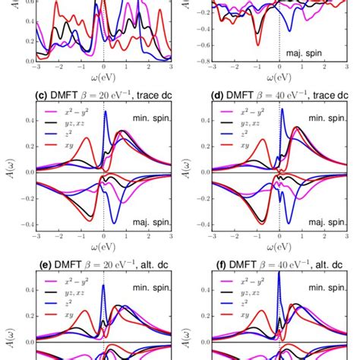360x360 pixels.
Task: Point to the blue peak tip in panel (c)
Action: (105, 112)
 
